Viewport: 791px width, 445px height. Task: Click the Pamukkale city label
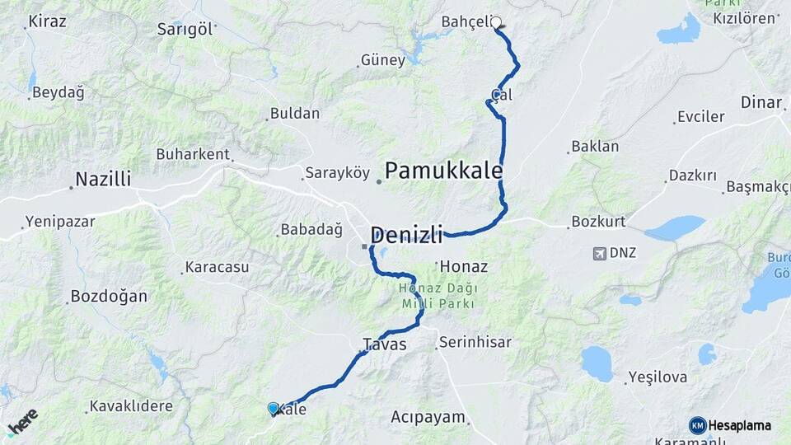tap(443, 171)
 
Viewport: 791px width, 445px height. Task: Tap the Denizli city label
tap(406, 234)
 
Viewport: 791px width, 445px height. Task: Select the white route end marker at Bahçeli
tap(497, 23)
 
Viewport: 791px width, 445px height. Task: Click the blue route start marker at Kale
tap(273, 407)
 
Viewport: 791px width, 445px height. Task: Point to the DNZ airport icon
tap(599, 253)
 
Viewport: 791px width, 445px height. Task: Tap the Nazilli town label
tap(103, 179)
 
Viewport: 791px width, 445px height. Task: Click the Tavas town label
tap(384, 344)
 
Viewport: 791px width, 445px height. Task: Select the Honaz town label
tap(465, 267)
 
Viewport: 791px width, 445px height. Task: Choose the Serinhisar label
tap(475, 341)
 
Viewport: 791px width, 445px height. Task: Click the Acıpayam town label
tap(428, 416)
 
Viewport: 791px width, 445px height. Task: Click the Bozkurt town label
tap(601, 222)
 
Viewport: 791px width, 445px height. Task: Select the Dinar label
tap(761, 103)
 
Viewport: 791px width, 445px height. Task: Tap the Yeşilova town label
tap(658, 377)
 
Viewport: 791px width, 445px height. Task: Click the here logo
tap(22, 422)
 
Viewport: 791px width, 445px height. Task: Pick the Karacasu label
tap(217, 267)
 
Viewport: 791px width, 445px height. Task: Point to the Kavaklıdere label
tap(131, 406)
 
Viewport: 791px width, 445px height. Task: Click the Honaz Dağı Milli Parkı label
tap(437, 296)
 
